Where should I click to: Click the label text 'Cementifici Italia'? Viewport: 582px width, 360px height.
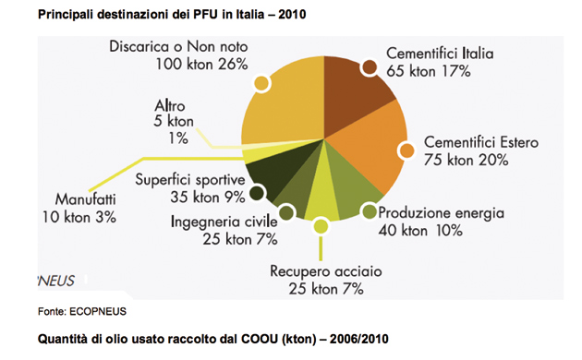(440, 52)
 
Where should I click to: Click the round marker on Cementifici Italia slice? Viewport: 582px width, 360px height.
(370, 66)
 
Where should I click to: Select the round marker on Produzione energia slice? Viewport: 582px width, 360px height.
(369, 212)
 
